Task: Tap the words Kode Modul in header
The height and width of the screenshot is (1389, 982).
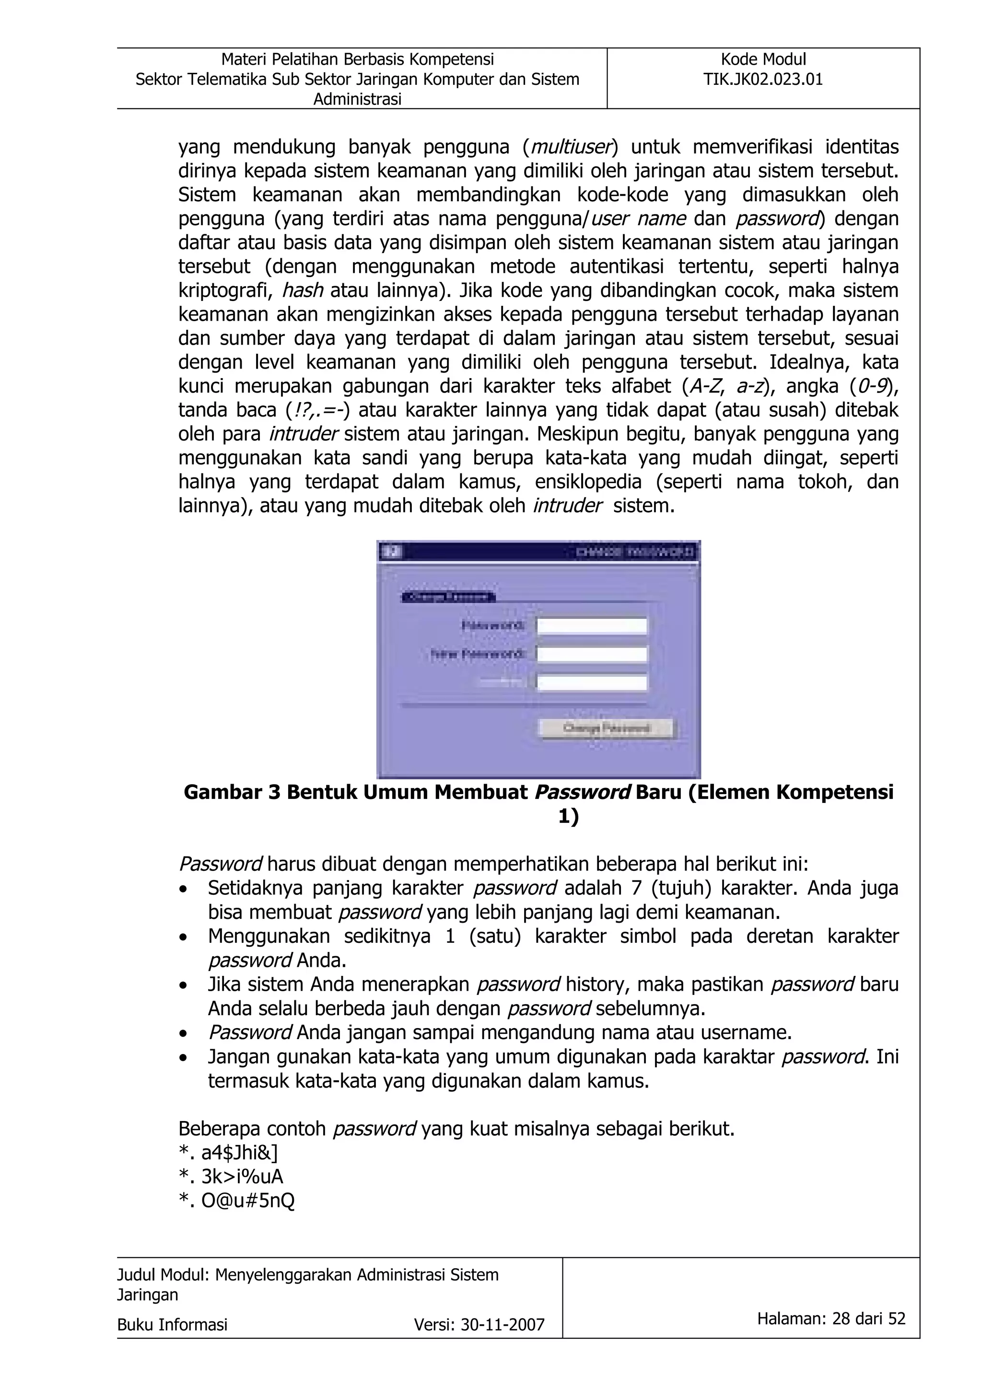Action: [x=763, y=59]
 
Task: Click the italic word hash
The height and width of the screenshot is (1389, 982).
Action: [x=303, y=291]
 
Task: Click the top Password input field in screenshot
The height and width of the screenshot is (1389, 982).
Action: [x=592, y=625]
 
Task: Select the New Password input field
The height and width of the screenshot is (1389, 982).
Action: [x=592, y=654]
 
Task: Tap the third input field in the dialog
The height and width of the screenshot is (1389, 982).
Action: [x=592, y=683]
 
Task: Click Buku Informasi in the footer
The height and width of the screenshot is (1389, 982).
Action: [x=173, y=1325]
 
